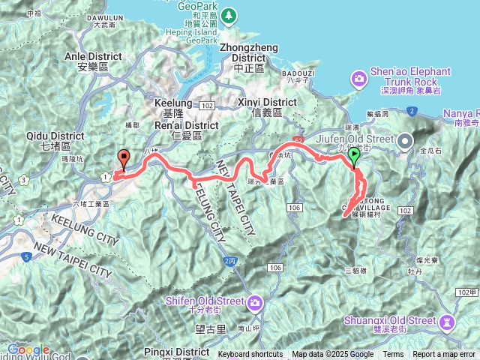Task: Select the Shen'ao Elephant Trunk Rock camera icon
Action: (359, 77)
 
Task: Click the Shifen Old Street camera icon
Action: (255, 301)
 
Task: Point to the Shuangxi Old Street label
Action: (390, 320)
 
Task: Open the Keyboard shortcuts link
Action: (250, 355)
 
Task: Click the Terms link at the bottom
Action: (393, 355)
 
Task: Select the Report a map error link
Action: (445, 355)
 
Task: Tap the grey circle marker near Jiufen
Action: (406, 140)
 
